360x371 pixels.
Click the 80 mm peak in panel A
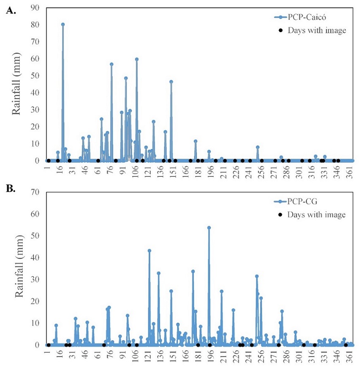pyautogui.click(x=63, y=25)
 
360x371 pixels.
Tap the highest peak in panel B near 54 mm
pyautogui.click(x=209, y=228)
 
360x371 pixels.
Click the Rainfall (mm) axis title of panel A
pyautogui.click(x=17, y=85)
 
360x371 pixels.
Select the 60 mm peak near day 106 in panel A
pyautogui.click(x=137, y=59)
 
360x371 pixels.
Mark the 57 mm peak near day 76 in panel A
pyautogui.click(x=111, y=64)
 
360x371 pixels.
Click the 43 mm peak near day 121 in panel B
pyautogui.click(x=150, y=251)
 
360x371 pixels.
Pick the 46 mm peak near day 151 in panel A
pyautogui.click(x=171, y=82)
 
